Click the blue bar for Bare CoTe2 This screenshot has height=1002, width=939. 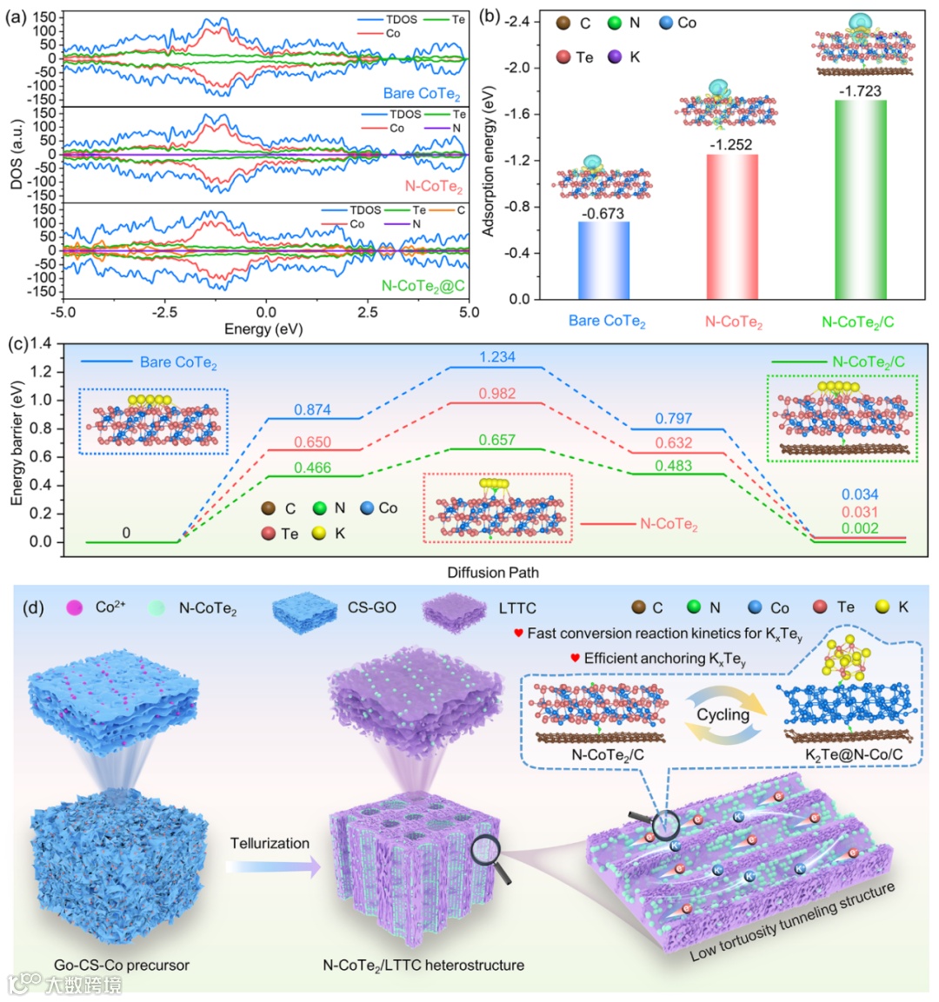(x=603, y=261)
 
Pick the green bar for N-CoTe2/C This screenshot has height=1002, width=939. (x=861, y=200)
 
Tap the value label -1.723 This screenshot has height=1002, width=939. (x=860, y=91)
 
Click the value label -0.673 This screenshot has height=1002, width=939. (x=603, y=213)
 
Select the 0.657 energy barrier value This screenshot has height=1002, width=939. (x=496, y=440)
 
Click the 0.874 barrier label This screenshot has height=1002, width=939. (x=312, y=409)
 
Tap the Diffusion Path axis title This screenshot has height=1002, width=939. (x=491, y=572)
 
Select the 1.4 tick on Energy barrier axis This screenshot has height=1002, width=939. (x=41, y=344)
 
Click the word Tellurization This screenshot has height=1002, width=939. (x=270, y=843)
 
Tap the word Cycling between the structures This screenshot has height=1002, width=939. (x=723, y=714)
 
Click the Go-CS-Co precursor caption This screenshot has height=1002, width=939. (x=122, y=965)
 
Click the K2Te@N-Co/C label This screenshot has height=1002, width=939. (x=854, y=754)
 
